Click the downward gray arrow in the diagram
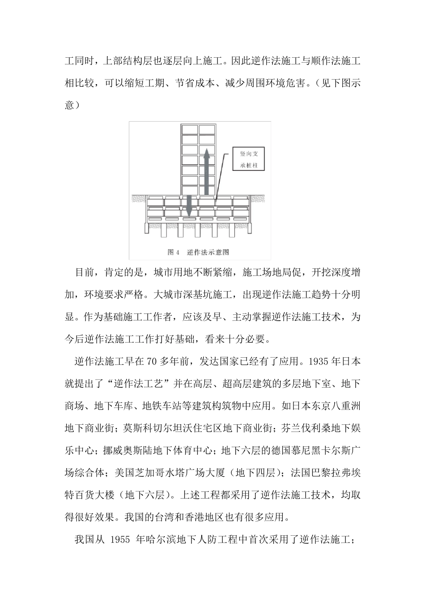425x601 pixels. click(189, 206)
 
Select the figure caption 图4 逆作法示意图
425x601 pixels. click(198, 252)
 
